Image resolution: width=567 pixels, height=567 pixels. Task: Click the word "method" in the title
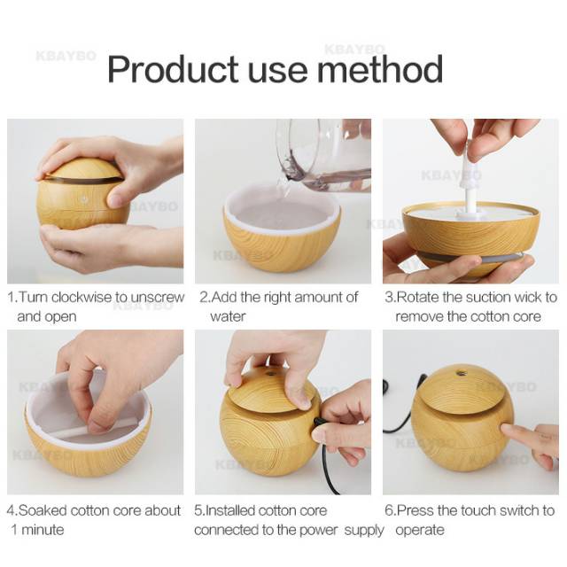pyautogui.click(x=385, y=69)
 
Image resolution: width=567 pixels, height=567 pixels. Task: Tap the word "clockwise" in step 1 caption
pyautogui.click(x=89, y=298)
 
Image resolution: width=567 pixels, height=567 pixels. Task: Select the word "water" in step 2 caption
pyautogui.click(x=228, y=316)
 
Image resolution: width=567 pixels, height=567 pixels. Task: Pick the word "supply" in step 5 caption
pyautogui.click(x=362, y=530)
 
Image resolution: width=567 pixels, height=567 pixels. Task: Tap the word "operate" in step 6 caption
pyautogui.click(x=419, y=530)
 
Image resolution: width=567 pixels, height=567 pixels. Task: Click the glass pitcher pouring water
pyautogui.click(x=323, y=155)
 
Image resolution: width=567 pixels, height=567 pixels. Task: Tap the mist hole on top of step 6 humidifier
pyautogui.click(x=461, y=374)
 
